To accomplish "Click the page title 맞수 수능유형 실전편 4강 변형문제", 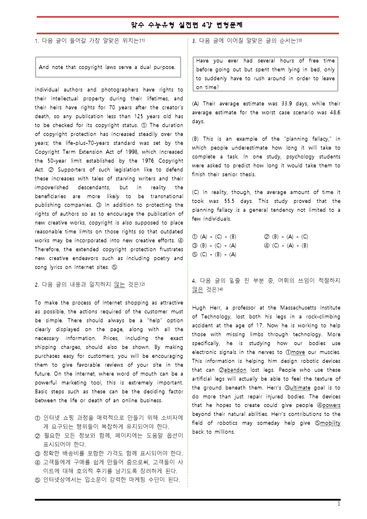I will [x=187, y=25].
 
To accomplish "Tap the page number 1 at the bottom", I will [x=339, y=504].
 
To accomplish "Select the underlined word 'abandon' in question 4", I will [x=235, y=370].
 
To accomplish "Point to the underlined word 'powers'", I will [x=331, y=406].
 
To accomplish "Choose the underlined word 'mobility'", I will [x=330, y=423].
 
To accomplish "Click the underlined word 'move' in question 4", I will [x=298, y=352].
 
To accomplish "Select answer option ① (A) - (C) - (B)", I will [x=214, y=237].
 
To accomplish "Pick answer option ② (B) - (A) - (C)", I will [x=286, y=237].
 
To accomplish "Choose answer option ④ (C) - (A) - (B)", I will [x=286, y=246].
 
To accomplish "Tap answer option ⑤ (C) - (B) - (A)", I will [x=214, y=254].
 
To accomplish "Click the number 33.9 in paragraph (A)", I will [x=287, y=104].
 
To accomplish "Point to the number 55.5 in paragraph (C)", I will [x=229, y=201].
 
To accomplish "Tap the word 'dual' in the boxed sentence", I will [x=145, y=67].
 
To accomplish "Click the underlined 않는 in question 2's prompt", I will [x=120, y=285].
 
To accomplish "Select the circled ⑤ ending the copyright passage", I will [x=115, y=267].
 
